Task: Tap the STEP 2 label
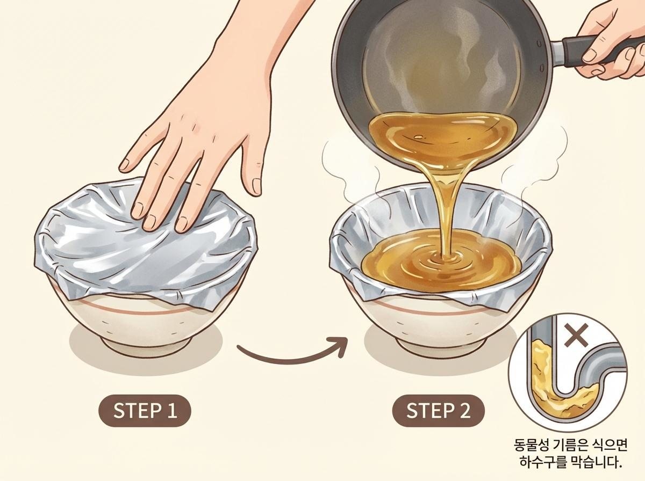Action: click(438, 411)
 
